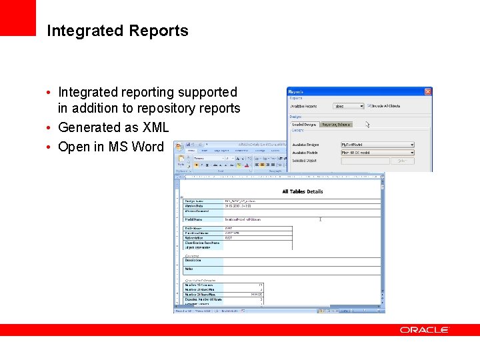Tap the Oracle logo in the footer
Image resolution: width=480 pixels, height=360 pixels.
pyautogui.click(x=424, y=329)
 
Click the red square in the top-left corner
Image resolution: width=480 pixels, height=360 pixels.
pyautogui.click(x=17, y=17)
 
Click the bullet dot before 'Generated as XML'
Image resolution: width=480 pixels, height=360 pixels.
pyautogui.click(x=50, y=128)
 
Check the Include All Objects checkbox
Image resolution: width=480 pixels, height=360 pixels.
pyautogui.click(x=369, y=106)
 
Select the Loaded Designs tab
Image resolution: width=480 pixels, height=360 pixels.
pyautogui.click(x=305, y=124)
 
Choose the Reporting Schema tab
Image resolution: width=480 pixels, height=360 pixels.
pyautogui.click(x=335, y=124)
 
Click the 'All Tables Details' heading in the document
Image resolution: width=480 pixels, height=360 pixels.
pyautogui.click(x=302, y=191)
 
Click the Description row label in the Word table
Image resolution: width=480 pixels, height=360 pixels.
pyautogui.click(x=193, y=260)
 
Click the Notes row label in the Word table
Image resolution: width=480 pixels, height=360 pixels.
pyautogui.click(x=189, y=269)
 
